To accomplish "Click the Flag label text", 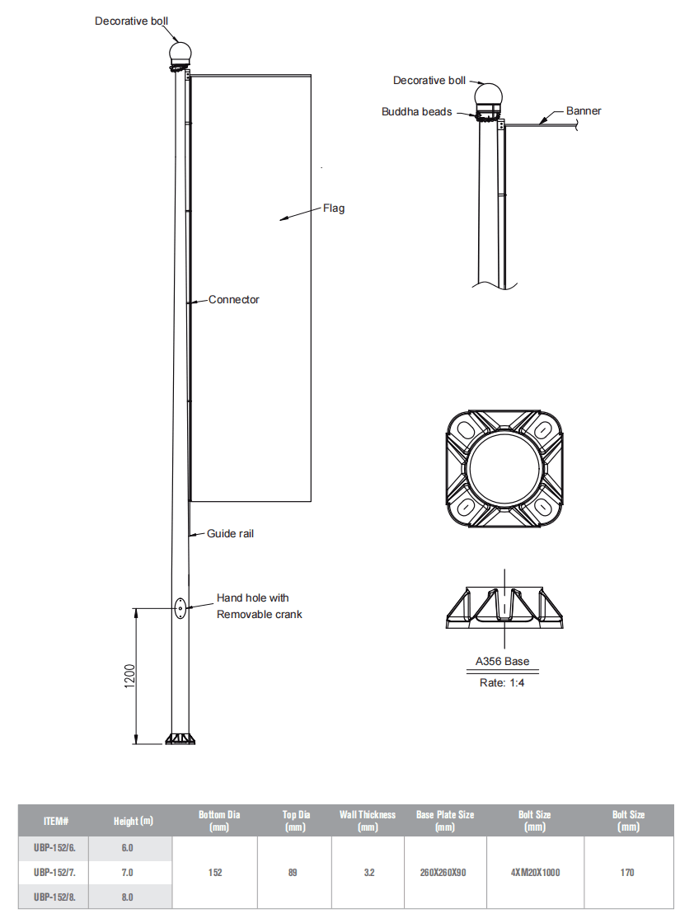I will [333, 208].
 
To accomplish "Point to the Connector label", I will [233, 300].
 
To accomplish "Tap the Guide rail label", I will [230, 534].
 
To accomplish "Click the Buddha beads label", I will [416, 111].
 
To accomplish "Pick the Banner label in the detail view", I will [584, 110].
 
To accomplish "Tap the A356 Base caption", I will [502, 662].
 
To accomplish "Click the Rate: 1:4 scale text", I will [502, 683].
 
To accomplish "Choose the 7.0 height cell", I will [128, 872].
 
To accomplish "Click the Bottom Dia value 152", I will [215, 872].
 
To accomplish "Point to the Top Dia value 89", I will [293, 872].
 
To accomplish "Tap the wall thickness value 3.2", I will [368, 872].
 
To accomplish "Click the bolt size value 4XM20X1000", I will [535, 872].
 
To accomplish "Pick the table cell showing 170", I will [627, 872].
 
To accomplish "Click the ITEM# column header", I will [55, 821].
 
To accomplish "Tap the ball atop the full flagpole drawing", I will [180, 54].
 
